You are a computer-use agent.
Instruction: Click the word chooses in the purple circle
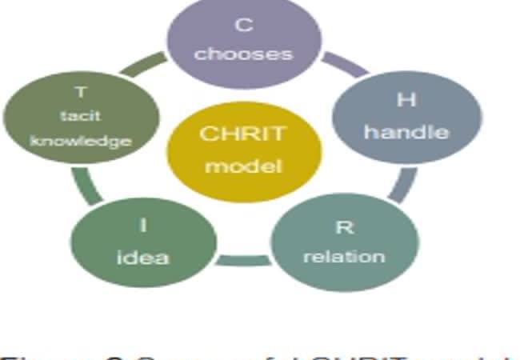click(243, 54)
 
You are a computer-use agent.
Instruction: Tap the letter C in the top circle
click(243, 25)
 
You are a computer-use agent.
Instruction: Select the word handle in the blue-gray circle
click(406, 132)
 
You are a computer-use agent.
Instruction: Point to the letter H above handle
click(406, 101)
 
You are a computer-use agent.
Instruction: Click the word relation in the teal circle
click(344, 257)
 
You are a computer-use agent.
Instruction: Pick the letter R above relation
click(344, 227)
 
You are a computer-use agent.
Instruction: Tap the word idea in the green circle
click(143, 257)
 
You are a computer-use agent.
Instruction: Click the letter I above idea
click(143, 226)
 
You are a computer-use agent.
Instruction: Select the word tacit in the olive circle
click(81, 117)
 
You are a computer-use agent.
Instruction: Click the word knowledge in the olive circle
click(81, 142)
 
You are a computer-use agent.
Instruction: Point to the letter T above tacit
click(81, 93)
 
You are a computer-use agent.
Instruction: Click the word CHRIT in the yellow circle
click(242, 134)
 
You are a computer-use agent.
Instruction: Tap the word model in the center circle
click(242, 166)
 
